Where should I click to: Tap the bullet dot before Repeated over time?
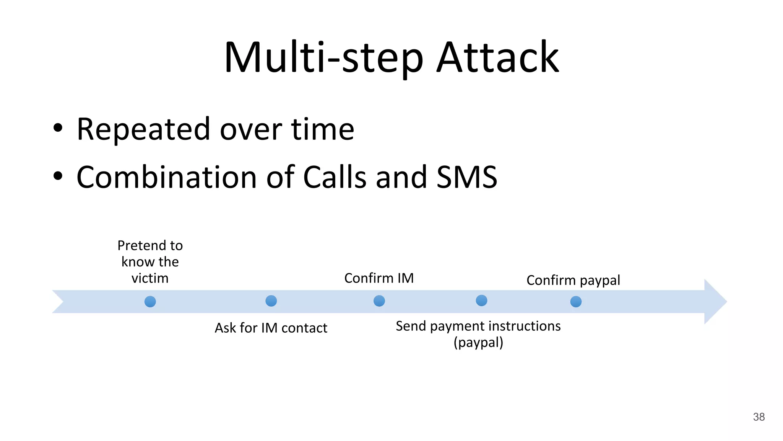click(x=58, y=128)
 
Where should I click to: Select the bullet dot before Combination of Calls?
click(x=58, y=176)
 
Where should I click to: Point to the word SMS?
click(x=467, y=177)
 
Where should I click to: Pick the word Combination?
click(x=166, y=177)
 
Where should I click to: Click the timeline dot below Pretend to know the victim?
click(x=150, y=302)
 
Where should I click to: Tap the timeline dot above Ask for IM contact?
click(x=271, y=301)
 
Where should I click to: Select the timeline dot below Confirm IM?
click(x=379, y=301)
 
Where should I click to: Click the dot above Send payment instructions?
click(x=481, y=301)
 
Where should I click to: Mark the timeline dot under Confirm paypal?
click(x=576, y=302)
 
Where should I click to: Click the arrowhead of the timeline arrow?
click(x=715, y=302)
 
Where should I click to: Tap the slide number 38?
click(x=759, y=417)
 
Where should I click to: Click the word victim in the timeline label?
click(x=150, y=278)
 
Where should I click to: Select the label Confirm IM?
click(x=379, y=278)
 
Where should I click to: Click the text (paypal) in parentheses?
click(x=478, y=342)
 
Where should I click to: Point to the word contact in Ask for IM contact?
click(x=304, y=328)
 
